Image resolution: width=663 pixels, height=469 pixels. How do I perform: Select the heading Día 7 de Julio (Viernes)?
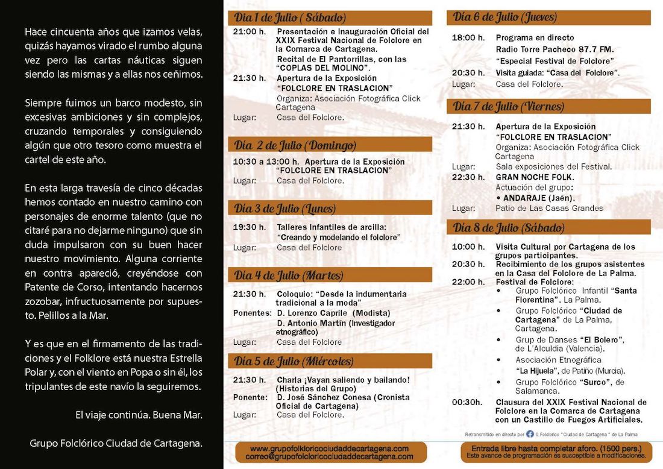509,107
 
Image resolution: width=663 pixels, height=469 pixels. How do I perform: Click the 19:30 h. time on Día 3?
249,227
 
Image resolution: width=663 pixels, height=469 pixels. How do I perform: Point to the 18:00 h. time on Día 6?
468,37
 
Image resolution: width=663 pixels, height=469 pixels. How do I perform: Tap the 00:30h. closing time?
467,402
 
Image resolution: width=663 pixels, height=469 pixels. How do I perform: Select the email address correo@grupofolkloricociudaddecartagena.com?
330,457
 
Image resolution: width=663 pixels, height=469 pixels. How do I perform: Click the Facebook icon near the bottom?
530,433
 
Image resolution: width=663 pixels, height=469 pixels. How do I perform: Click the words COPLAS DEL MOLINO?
324,68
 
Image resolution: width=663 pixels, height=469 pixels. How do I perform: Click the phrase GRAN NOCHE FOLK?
535,177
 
